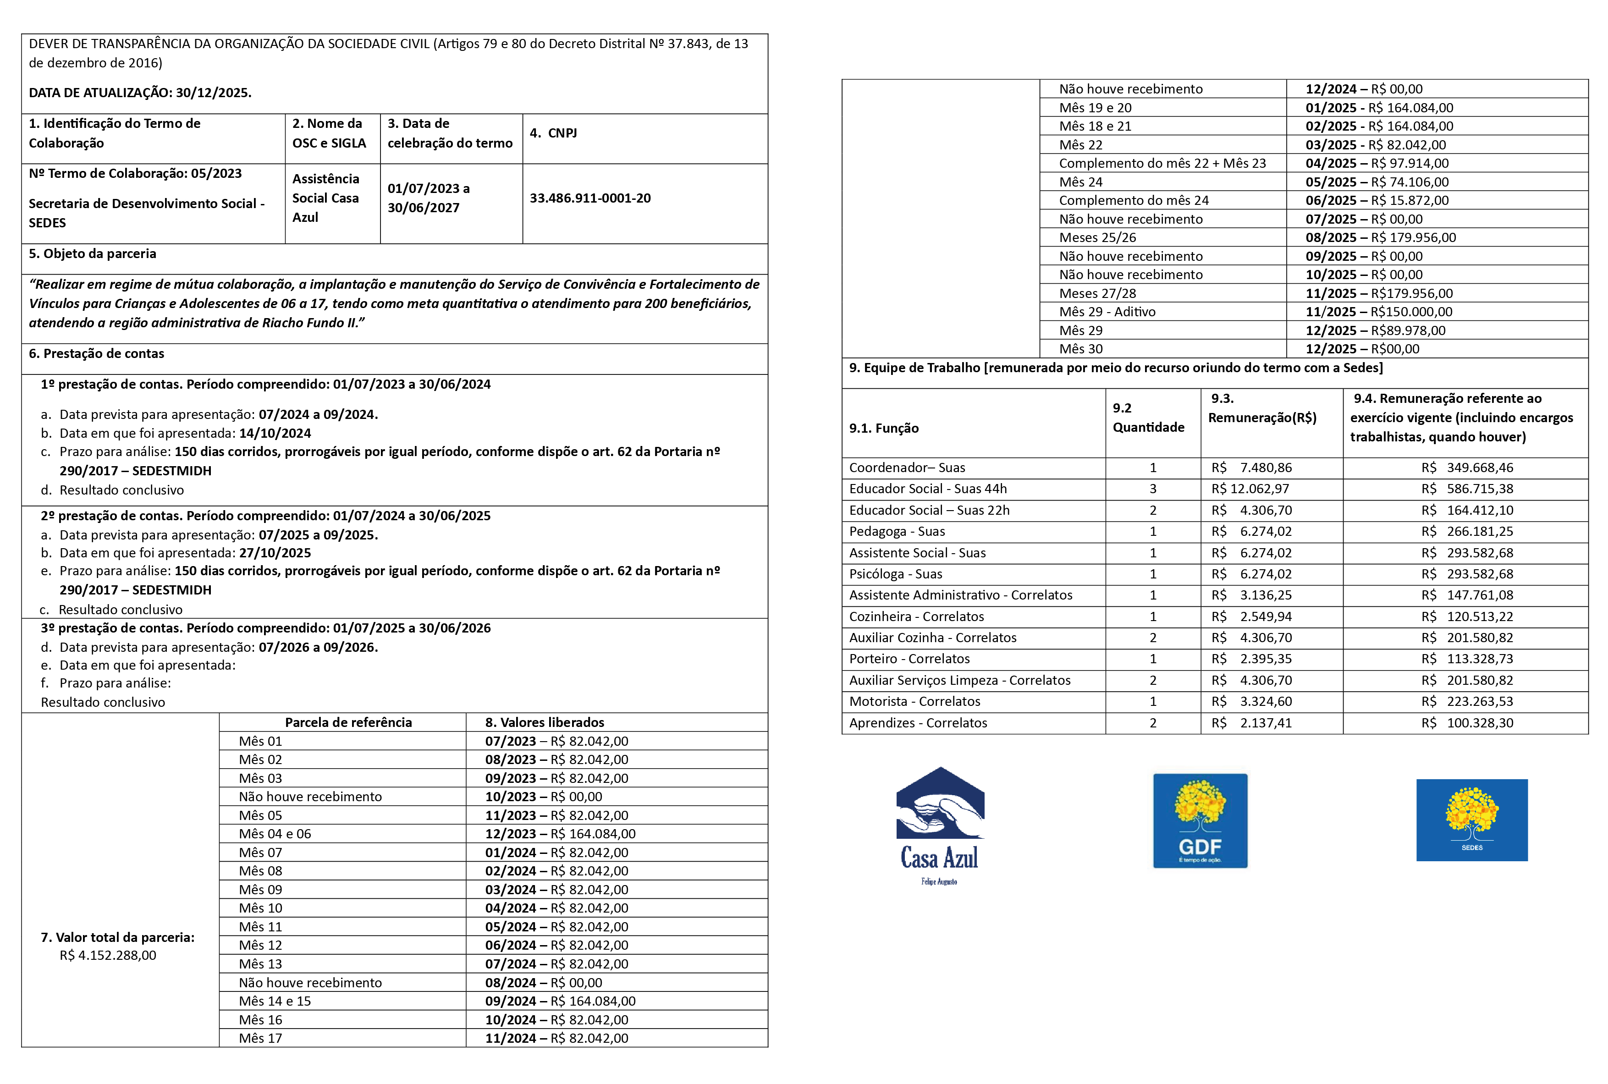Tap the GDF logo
pos(1200,820)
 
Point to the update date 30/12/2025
pos(213,93)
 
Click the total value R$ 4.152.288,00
pos(108,955)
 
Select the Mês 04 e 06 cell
pos(275,834)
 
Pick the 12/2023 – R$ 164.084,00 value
pos(560,834)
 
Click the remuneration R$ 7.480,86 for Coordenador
pos(1251,468)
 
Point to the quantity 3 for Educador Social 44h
pos(1152,489)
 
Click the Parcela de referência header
pos(348,722)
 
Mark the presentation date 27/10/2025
pos(275,553)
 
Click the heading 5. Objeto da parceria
pos(93,254)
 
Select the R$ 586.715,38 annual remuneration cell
pos(1467,489)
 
